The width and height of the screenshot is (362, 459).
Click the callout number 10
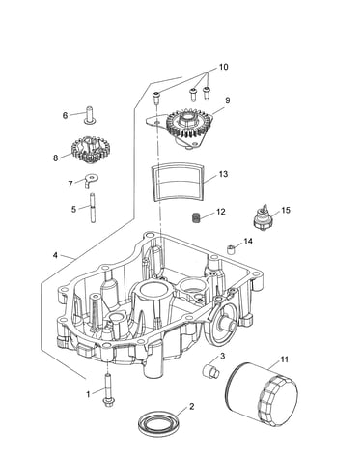tap(223, 67)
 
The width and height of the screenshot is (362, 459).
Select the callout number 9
tap(228, 100)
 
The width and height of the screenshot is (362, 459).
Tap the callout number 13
tap(223, 174)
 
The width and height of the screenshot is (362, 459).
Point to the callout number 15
tap(286, 210)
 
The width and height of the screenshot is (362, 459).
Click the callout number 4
tap(55, 255)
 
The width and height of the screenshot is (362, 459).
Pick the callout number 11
tap(284, 359)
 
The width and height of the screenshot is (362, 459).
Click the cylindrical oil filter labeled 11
tap(262, 394)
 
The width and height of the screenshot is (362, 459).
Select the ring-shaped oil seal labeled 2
tap(158, 421)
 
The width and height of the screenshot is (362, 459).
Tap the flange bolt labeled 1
tap(107, 389)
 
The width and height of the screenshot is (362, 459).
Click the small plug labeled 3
tap(210, 370)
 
